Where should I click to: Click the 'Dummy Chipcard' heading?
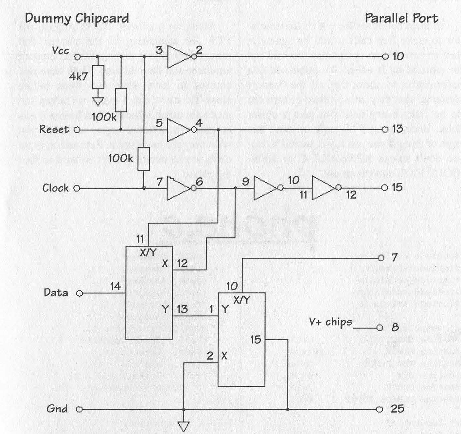tap(77, 18)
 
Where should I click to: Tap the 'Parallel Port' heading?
tap(401, 18)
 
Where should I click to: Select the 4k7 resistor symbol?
tap(98, 77)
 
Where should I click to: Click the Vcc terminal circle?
tap(77, 57)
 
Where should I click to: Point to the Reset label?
tap(54, 129)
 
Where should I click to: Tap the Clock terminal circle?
tap(77, 188)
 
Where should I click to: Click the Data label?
tap(56, 292)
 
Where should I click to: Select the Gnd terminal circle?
tap(79, 409)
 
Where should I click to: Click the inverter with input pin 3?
tap(179, 57)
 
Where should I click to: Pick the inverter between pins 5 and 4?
tap(179, 130)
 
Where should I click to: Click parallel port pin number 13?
tap(398, 129)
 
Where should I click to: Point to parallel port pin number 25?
tap(397, 409)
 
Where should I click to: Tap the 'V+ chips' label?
tap(330, 322)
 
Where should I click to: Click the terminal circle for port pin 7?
tap(381, 258)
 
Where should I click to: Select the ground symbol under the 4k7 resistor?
tap(98, 101)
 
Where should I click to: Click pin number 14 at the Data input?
tap(115, 286)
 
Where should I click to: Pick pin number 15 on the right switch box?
tap(256, 340)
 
